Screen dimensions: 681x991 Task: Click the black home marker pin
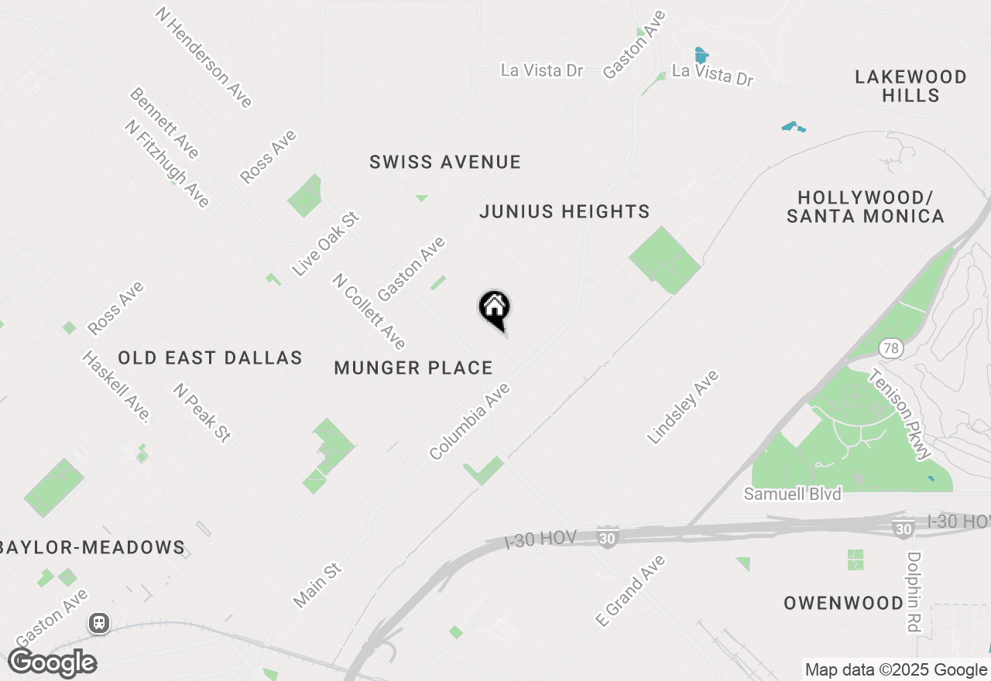[494, 310]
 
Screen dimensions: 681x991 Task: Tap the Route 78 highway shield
[890, 348]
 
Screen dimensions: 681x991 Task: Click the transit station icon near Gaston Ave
[99, 623]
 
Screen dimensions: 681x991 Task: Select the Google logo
[53, 663]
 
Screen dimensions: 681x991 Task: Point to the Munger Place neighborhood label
[413, 368]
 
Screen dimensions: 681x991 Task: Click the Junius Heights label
[564, 211]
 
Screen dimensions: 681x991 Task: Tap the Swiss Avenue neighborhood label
[445, 163]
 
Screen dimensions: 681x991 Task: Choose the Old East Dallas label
[210, 358]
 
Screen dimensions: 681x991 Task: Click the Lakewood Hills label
[911, 86]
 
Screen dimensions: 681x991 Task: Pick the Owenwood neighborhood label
[843, 604]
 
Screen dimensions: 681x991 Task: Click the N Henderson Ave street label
[204, 57]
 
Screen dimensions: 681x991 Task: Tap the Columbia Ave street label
[470, 422]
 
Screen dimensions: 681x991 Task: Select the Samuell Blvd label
[792, 494]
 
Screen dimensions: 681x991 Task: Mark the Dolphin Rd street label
[914, 592]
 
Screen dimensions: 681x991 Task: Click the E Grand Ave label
[630, 590]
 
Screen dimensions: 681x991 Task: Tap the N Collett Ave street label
[369, 311]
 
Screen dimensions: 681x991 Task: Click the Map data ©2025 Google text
[896, 670]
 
